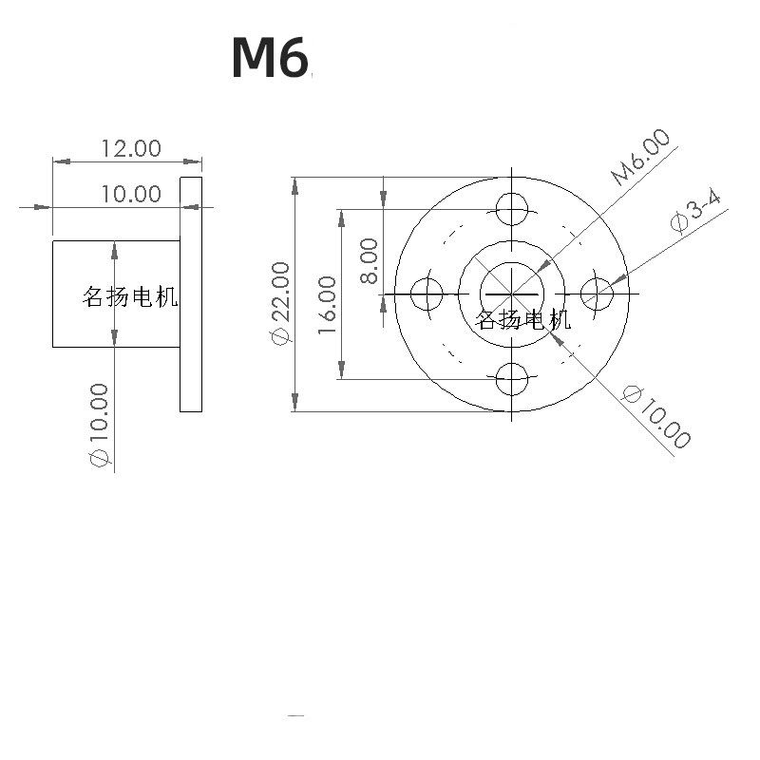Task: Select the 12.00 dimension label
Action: coord(131,148)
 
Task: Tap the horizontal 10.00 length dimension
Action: coord(131,194)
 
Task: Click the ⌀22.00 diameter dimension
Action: coord(279,304)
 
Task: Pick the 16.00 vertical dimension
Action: coord(326,304)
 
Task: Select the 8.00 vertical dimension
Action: coord(369,260)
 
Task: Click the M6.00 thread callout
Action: coord(640,157)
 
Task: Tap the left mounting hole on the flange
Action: coord(427,293)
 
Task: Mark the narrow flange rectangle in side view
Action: coord(191,294)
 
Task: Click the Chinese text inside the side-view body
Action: coord(131,297)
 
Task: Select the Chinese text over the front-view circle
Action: coord(523,319)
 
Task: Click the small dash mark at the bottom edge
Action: coord(295,715)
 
